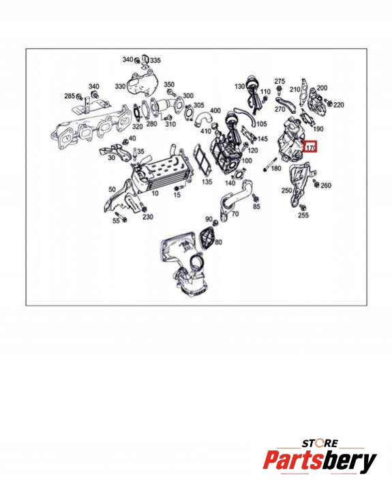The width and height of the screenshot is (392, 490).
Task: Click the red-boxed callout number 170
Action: click(310, 147)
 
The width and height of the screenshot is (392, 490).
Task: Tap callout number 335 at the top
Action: click(155, 60)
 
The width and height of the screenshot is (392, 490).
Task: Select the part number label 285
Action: click(70, 96)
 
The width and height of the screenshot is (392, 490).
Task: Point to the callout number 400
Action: click(215, 110)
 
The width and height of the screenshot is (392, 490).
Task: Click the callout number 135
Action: click(207, 181)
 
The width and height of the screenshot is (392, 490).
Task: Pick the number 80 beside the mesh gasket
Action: click(219, 242)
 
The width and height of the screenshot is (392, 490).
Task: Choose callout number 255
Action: click(303, 215)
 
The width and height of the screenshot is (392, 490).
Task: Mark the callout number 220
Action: click(338, 105)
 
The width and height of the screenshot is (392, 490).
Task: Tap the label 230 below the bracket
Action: click(147, 217)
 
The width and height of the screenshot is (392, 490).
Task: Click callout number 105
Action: click(261, 124)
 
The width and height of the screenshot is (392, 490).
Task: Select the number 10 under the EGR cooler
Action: click(155, 194)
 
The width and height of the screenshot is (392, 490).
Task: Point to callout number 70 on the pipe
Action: click(235, 214)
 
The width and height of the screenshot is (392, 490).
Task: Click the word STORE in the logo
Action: click(320, 444)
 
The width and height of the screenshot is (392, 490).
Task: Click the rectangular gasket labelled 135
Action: click(202, 161)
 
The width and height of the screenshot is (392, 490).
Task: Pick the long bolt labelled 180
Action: click(271, 165)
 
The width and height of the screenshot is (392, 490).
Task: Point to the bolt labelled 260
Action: click(316, 185)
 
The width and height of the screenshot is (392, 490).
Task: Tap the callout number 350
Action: click(169, 85)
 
